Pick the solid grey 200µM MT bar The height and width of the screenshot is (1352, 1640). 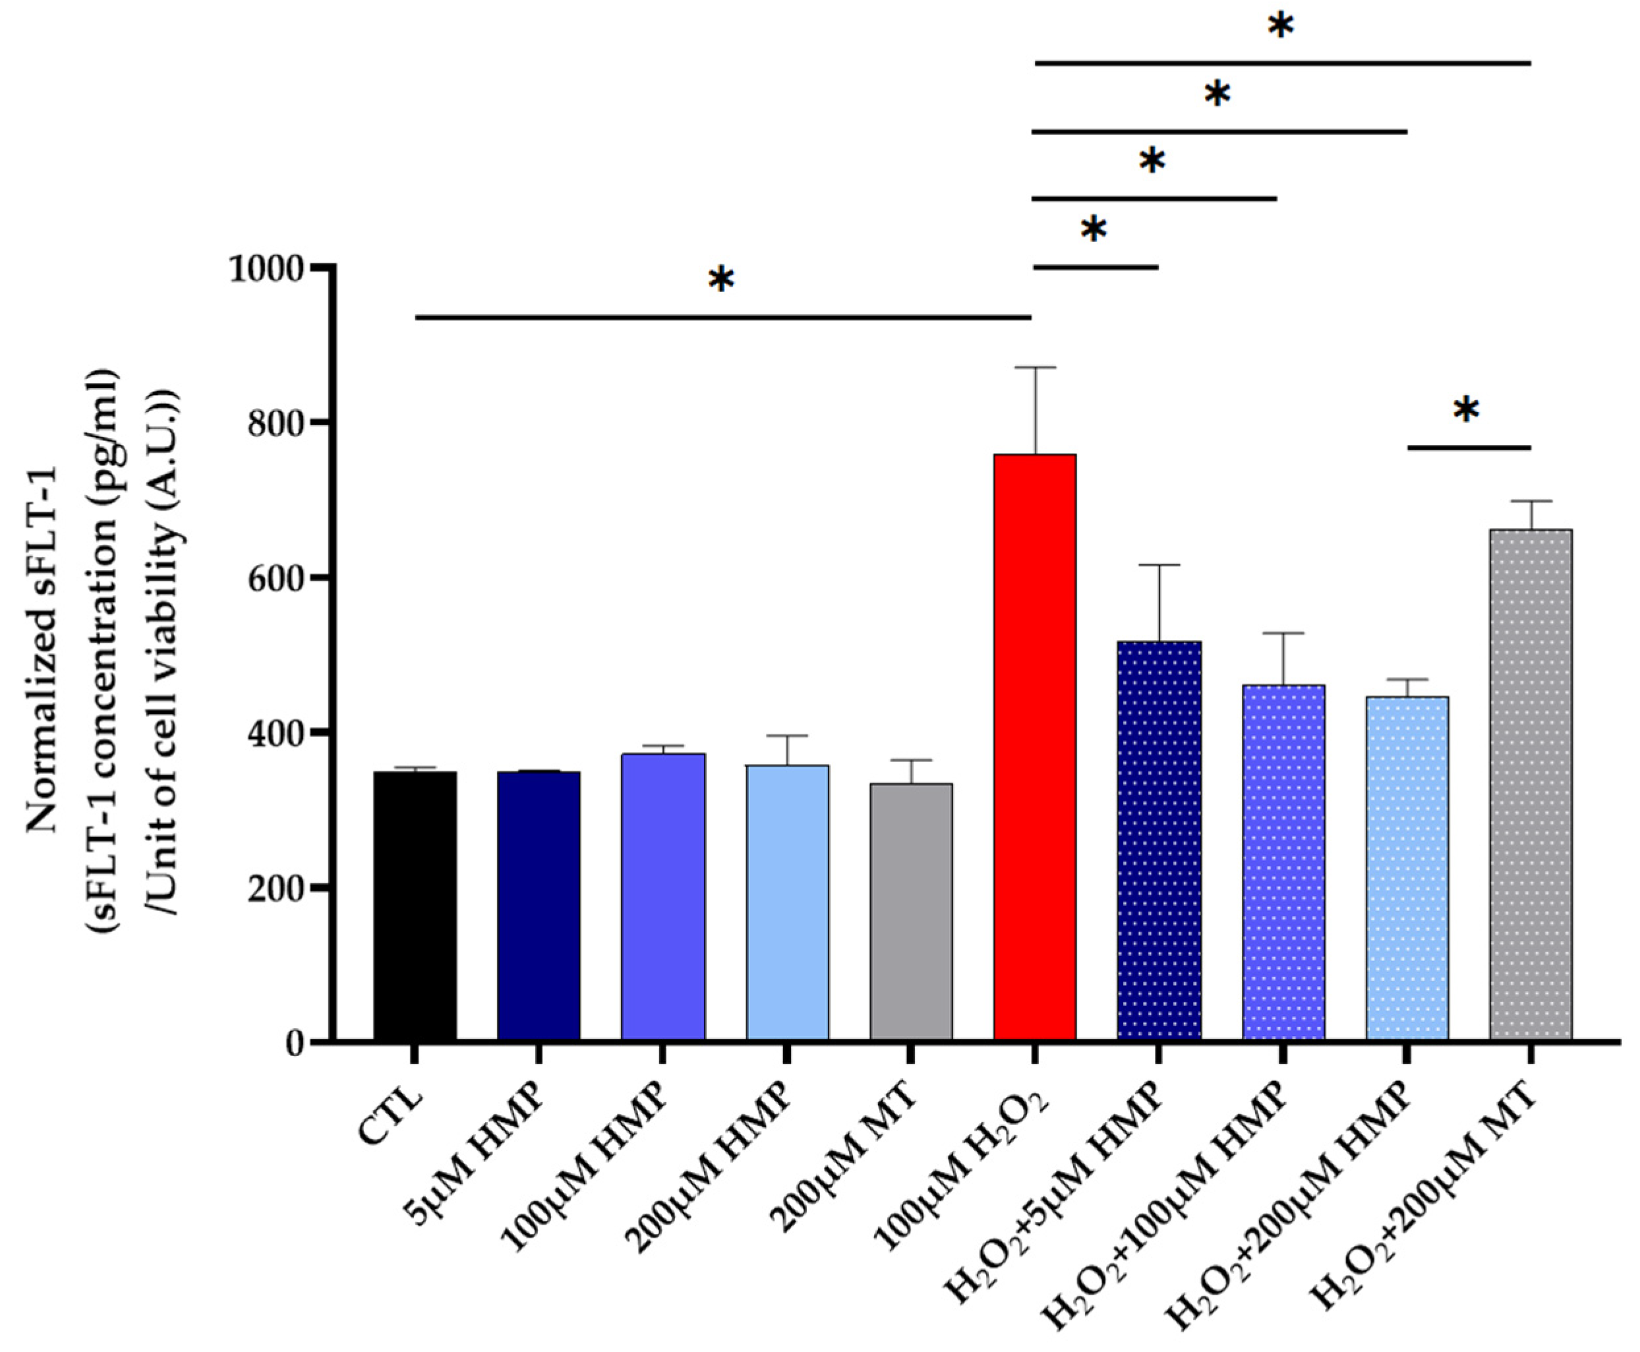coord(910,911)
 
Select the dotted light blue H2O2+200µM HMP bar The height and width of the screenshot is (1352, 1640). coord(1407,867)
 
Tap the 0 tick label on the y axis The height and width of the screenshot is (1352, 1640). coord(293,1043)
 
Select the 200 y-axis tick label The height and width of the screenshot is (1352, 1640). coord(274,888)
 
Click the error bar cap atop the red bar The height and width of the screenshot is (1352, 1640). coord(1034,367)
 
